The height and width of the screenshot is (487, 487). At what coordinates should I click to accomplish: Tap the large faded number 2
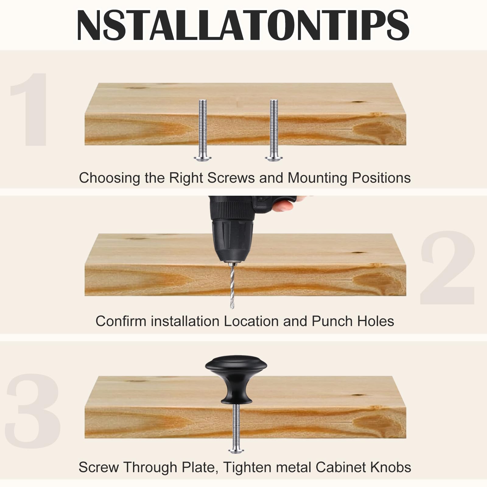(447, 268)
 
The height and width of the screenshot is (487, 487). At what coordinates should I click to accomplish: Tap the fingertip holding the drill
(285, 205)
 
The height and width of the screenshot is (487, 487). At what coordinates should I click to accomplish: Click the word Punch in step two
(332, 321)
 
